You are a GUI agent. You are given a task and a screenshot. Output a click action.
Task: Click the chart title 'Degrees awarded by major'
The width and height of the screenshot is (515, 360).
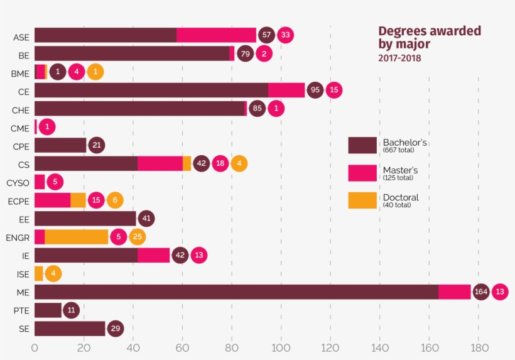tap(429, 37)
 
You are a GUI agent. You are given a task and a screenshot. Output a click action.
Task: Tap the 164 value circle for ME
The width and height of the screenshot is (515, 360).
tap(481, 292)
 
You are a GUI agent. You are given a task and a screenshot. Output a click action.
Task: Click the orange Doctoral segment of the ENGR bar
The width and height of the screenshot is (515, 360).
tap(76, 237)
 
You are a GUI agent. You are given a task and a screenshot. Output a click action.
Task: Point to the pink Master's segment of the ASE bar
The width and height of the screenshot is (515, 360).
tap(216, 35)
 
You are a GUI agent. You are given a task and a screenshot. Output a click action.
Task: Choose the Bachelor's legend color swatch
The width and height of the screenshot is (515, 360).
tap(362, 145)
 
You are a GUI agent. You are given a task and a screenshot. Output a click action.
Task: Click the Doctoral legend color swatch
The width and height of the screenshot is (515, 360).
tap(362, 200)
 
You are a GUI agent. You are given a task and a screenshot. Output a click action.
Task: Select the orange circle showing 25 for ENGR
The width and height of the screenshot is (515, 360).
tap(138, 237)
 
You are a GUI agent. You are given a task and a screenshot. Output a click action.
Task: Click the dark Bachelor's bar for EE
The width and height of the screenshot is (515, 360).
tap(85, 219)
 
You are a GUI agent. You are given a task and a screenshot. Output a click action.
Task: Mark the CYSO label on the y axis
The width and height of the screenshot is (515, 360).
tap(18, 182)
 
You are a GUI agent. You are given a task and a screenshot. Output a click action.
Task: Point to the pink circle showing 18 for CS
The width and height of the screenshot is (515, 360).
tap(220, 164)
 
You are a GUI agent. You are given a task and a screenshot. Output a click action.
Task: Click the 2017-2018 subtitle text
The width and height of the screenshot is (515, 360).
tap(399, 58)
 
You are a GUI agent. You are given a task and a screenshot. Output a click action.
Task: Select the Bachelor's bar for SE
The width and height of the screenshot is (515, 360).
tap(70, 329)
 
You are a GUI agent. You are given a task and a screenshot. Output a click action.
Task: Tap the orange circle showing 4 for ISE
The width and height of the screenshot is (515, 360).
tap(53, 274)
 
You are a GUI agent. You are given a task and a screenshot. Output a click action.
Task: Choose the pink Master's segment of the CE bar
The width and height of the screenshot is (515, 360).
tap(286, 90)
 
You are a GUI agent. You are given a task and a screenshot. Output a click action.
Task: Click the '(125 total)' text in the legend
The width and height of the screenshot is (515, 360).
tap(398, 178)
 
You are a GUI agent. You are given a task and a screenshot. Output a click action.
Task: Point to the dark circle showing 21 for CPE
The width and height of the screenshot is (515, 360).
tap(97, 145)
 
